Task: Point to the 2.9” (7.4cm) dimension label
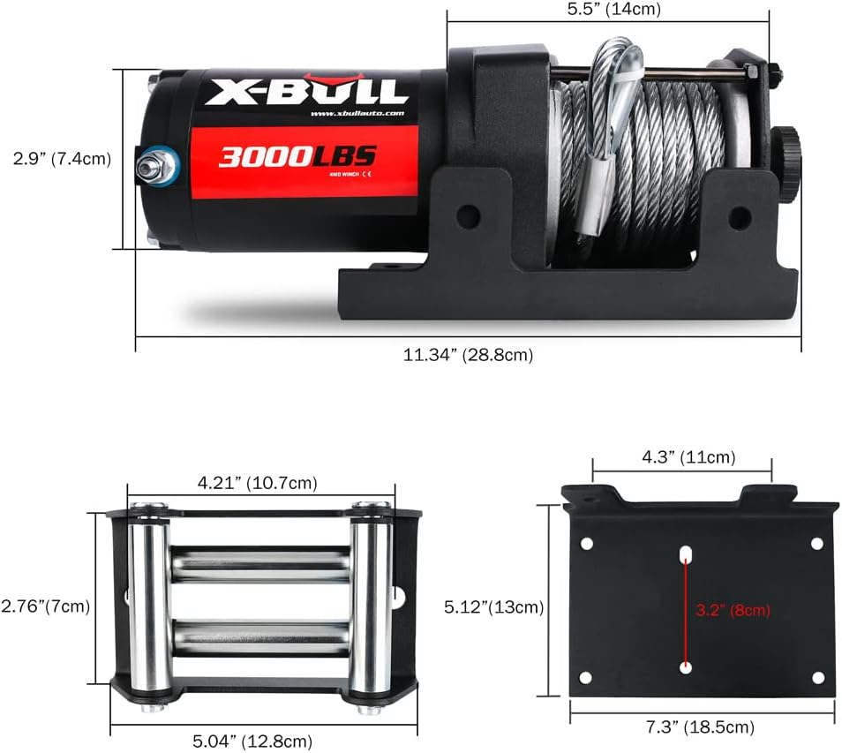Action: point(61,159)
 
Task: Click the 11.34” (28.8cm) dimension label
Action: point(468,355)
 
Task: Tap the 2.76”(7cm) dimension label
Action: point(45,606)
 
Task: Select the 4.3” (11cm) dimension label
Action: point(681,457)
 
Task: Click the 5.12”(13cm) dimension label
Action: point(492,607)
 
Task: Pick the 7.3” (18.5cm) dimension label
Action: point(702,727)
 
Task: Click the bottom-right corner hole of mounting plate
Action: point(817,677)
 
